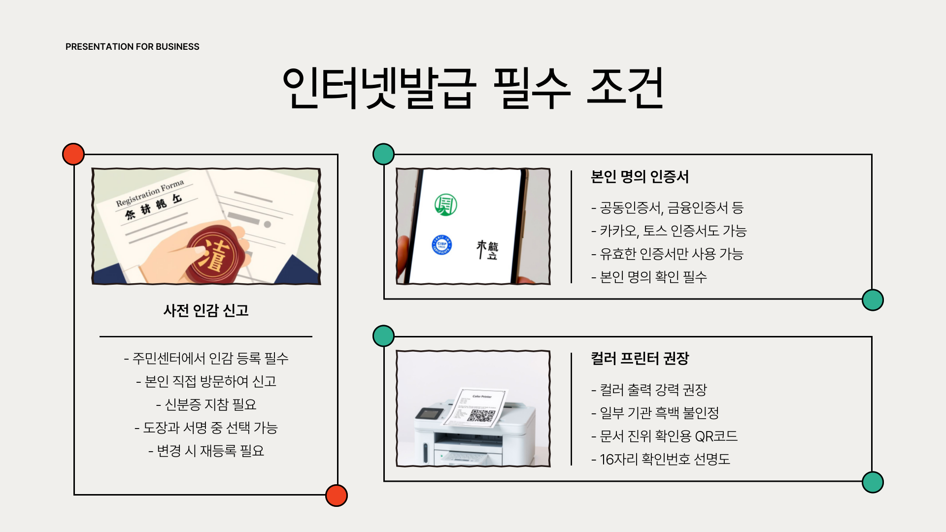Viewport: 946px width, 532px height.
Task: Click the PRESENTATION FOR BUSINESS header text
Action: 132,47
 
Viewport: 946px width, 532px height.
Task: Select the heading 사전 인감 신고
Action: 206,310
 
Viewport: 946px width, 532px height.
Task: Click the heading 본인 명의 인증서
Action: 640,176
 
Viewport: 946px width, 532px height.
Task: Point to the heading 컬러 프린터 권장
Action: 640,358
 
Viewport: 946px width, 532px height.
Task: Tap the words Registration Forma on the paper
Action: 150,193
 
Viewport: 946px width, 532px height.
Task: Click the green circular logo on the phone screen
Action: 445,204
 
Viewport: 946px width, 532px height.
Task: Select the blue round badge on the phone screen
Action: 441,245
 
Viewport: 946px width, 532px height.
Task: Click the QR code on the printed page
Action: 481,415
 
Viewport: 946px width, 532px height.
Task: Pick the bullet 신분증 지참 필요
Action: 206,404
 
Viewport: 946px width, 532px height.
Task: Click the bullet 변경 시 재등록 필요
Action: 206,451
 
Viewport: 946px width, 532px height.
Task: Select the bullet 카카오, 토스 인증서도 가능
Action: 669,231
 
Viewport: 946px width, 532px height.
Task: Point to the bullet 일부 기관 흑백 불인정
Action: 655,413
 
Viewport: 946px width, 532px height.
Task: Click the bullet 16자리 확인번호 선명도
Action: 660,459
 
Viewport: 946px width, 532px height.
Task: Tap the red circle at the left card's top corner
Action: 73,154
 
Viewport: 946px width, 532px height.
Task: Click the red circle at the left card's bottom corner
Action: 337,495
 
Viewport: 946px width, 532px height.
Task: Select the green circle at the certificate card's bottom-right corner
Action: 873,300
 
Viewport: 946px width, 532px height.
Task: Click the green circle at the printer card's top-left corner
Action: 383,336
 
